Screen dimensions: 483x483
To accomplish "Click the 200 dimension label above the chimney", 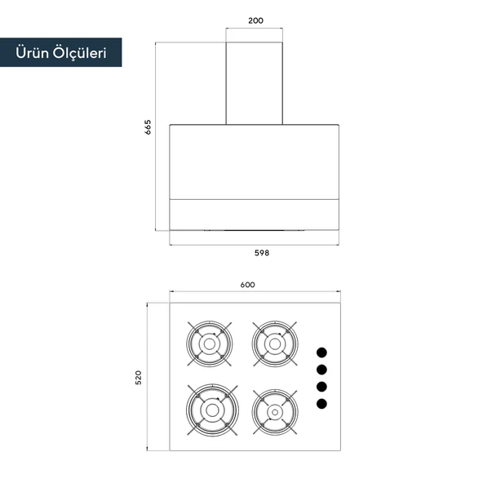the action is click(x=255, y=20).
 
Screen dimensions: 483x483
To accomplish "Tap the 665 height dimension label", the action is click(x=148, y=127).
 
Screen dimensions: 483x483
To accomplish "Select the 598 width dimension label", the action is click(x=262, y=253).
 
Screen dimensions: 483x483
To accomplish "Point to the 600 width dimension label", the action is click(x=248, y=285).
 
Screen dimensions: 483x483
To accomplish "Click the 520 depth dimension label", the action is click(x=139, y=377).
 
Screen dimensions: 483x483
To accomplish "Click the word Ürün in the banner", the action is click(x=32, y=53).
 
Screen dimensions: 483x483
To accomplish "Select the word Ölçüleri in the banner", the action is click(x=79, y=53).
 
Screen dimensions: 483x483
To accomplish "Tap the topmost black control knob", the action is click(x=321, y=352).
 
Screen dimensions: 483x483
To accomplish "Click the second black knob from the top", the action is click(x=321, y=370).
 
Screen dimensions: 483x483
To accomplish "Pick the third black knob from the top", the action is click(x=321, y=387).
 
